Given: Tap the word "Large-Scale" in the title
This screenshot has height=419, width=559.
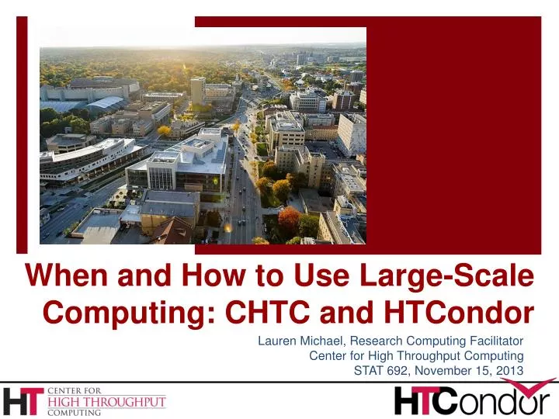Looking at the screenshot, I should pos(453,275).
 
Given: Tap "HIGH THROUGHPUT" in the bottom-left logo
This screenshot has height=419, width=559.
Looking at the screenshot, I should pos(107,402).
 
